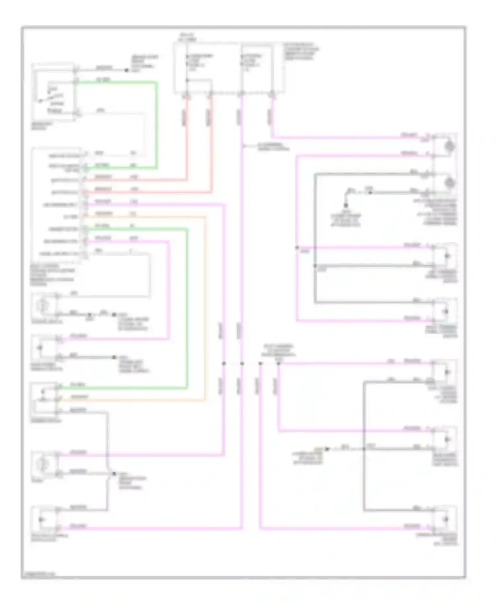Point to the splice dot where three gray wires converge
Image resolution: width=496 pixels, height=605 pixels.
[364, 449]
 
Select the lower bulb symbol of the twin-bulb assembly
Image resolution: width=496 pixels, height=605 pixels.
[449, 182]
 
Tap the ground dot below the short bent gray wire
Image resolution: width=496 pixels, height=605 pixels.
[346, 205]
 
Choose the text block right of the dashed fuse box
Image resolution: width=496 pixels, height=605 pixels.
[301, 51]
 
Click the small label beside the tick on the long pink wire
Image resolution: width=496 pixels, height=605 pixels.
[273, 147]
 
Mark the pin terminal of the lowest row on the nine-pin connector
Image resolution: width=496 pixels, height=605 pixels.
[85, 254]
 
